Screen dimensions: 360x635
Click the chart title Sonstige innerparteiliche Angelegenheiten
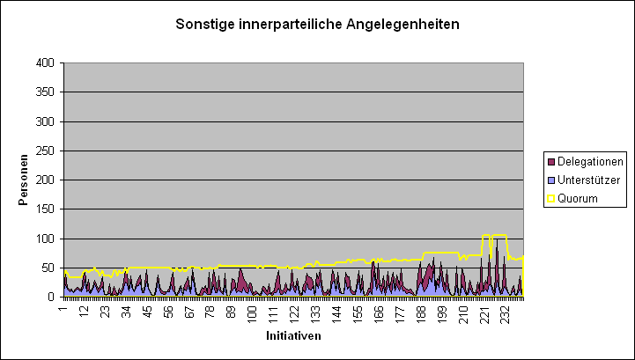[317, 25]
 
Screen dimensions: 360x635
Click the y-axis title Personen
[24, 180]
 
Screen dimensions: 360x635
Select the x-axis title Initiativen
[293, 335]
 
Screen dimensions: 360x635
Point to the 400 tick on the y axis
[44, 63]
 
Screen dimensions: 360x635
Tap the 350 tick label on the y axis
[44, 92]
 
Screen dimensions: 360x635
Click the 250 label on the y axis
[44, 151]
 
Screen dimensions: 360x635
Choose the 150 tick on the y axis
[44, 209]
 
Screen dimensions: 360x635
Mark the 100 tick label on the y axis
[44, 239]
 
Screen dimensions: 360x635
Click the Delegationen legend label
[591, 161]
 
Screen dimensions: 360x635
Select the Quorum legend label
[578, 198]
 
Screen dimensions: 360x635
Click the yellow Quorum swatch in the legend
[551, 198]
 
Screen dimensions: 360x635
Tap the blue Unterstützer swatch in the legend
[551, 180]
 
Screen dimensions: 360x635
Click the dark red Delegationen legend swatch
[551, 161]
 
